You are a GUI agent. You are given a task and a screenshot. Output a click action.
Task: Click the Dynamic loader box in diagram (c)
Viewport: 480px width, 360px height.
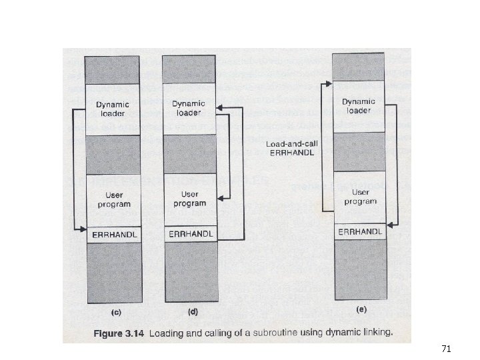112,109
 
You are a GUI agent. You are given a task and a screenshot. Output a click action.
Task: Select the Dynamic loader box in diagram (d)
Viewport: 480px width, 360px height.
189,108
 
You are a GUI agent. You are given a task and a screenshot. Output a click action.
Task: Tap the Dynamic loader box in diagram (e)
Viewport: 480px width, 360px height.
358,105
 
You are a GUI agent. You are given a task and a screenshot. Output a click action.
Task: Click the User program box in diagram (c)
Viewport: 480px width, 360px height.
112,199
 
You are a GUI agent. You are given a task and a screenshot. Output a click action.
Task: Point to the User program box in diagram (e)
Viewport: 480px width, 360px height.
359,197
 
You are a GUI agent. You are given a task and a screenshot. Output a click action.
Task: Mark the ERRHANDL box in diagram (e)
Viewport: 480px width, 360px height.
360,231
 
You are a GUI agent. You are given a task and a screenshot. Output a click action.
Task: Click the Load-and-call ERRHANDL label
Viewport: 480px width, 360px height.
290,148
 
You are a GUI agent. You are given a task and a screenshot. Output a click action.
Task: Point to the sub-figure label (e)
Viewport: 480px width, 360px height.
361,309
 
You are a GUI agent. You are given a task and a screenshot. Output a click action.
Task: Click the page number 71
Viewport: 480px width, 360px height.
447,348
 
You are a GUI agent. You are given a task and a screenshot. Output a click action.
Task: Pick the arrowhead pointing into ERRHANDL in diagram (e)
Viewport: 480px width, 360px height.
388,227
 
